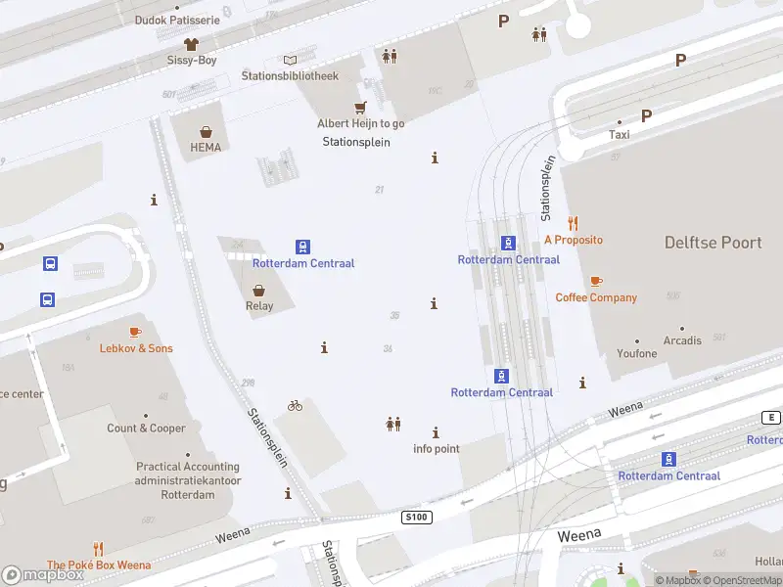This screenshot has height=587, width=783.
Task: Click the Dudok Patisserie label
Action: pos(177,20)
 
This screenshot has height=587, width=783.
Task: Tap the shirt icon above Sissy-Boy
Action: pos(191,44)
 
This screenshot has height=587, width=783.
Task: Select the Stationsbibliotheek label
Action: pos(290,75)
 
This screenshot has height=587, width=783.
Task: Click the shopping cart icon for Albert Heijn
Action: pos(360,108)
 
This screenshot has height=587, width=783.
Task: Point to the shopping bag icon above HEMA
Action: pos(207,132)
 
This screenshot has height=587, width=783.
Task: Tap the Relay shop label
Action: pos(259,305)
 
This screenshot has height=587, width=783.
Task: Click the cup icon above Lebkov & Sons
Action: pos(135,333)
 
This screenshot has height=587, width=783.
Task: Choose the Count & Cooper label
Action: pos(147,428)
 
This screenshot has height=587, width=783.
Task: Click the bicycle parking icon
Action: pos(295,405)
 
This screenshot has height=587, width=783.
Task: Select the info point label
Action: pos(437,449)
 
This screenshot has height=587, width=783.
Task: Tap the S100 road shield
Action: pos(416,516)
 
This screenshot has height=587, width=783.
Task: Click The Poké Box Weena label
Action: pos(99,564)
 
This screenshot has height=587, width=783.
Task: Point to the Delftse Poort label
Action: pos(713,242)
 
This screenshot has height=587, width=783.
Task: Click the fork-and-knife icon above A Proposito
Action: pos(574,223)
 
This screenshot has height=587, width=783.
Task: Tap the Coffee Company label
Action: pos(596,297)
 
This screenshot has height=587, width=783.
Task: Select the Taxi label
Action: pos(620,134)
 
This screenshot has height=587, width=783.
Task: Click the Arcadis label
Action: pos(682,340)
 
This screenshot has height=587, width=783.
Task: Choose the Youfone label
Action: pos(637,353)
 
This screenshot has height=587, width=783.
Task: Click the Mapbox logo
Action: pos(44,575)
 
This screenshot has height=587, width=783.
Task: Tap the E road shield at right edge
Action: pos(771,418)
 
